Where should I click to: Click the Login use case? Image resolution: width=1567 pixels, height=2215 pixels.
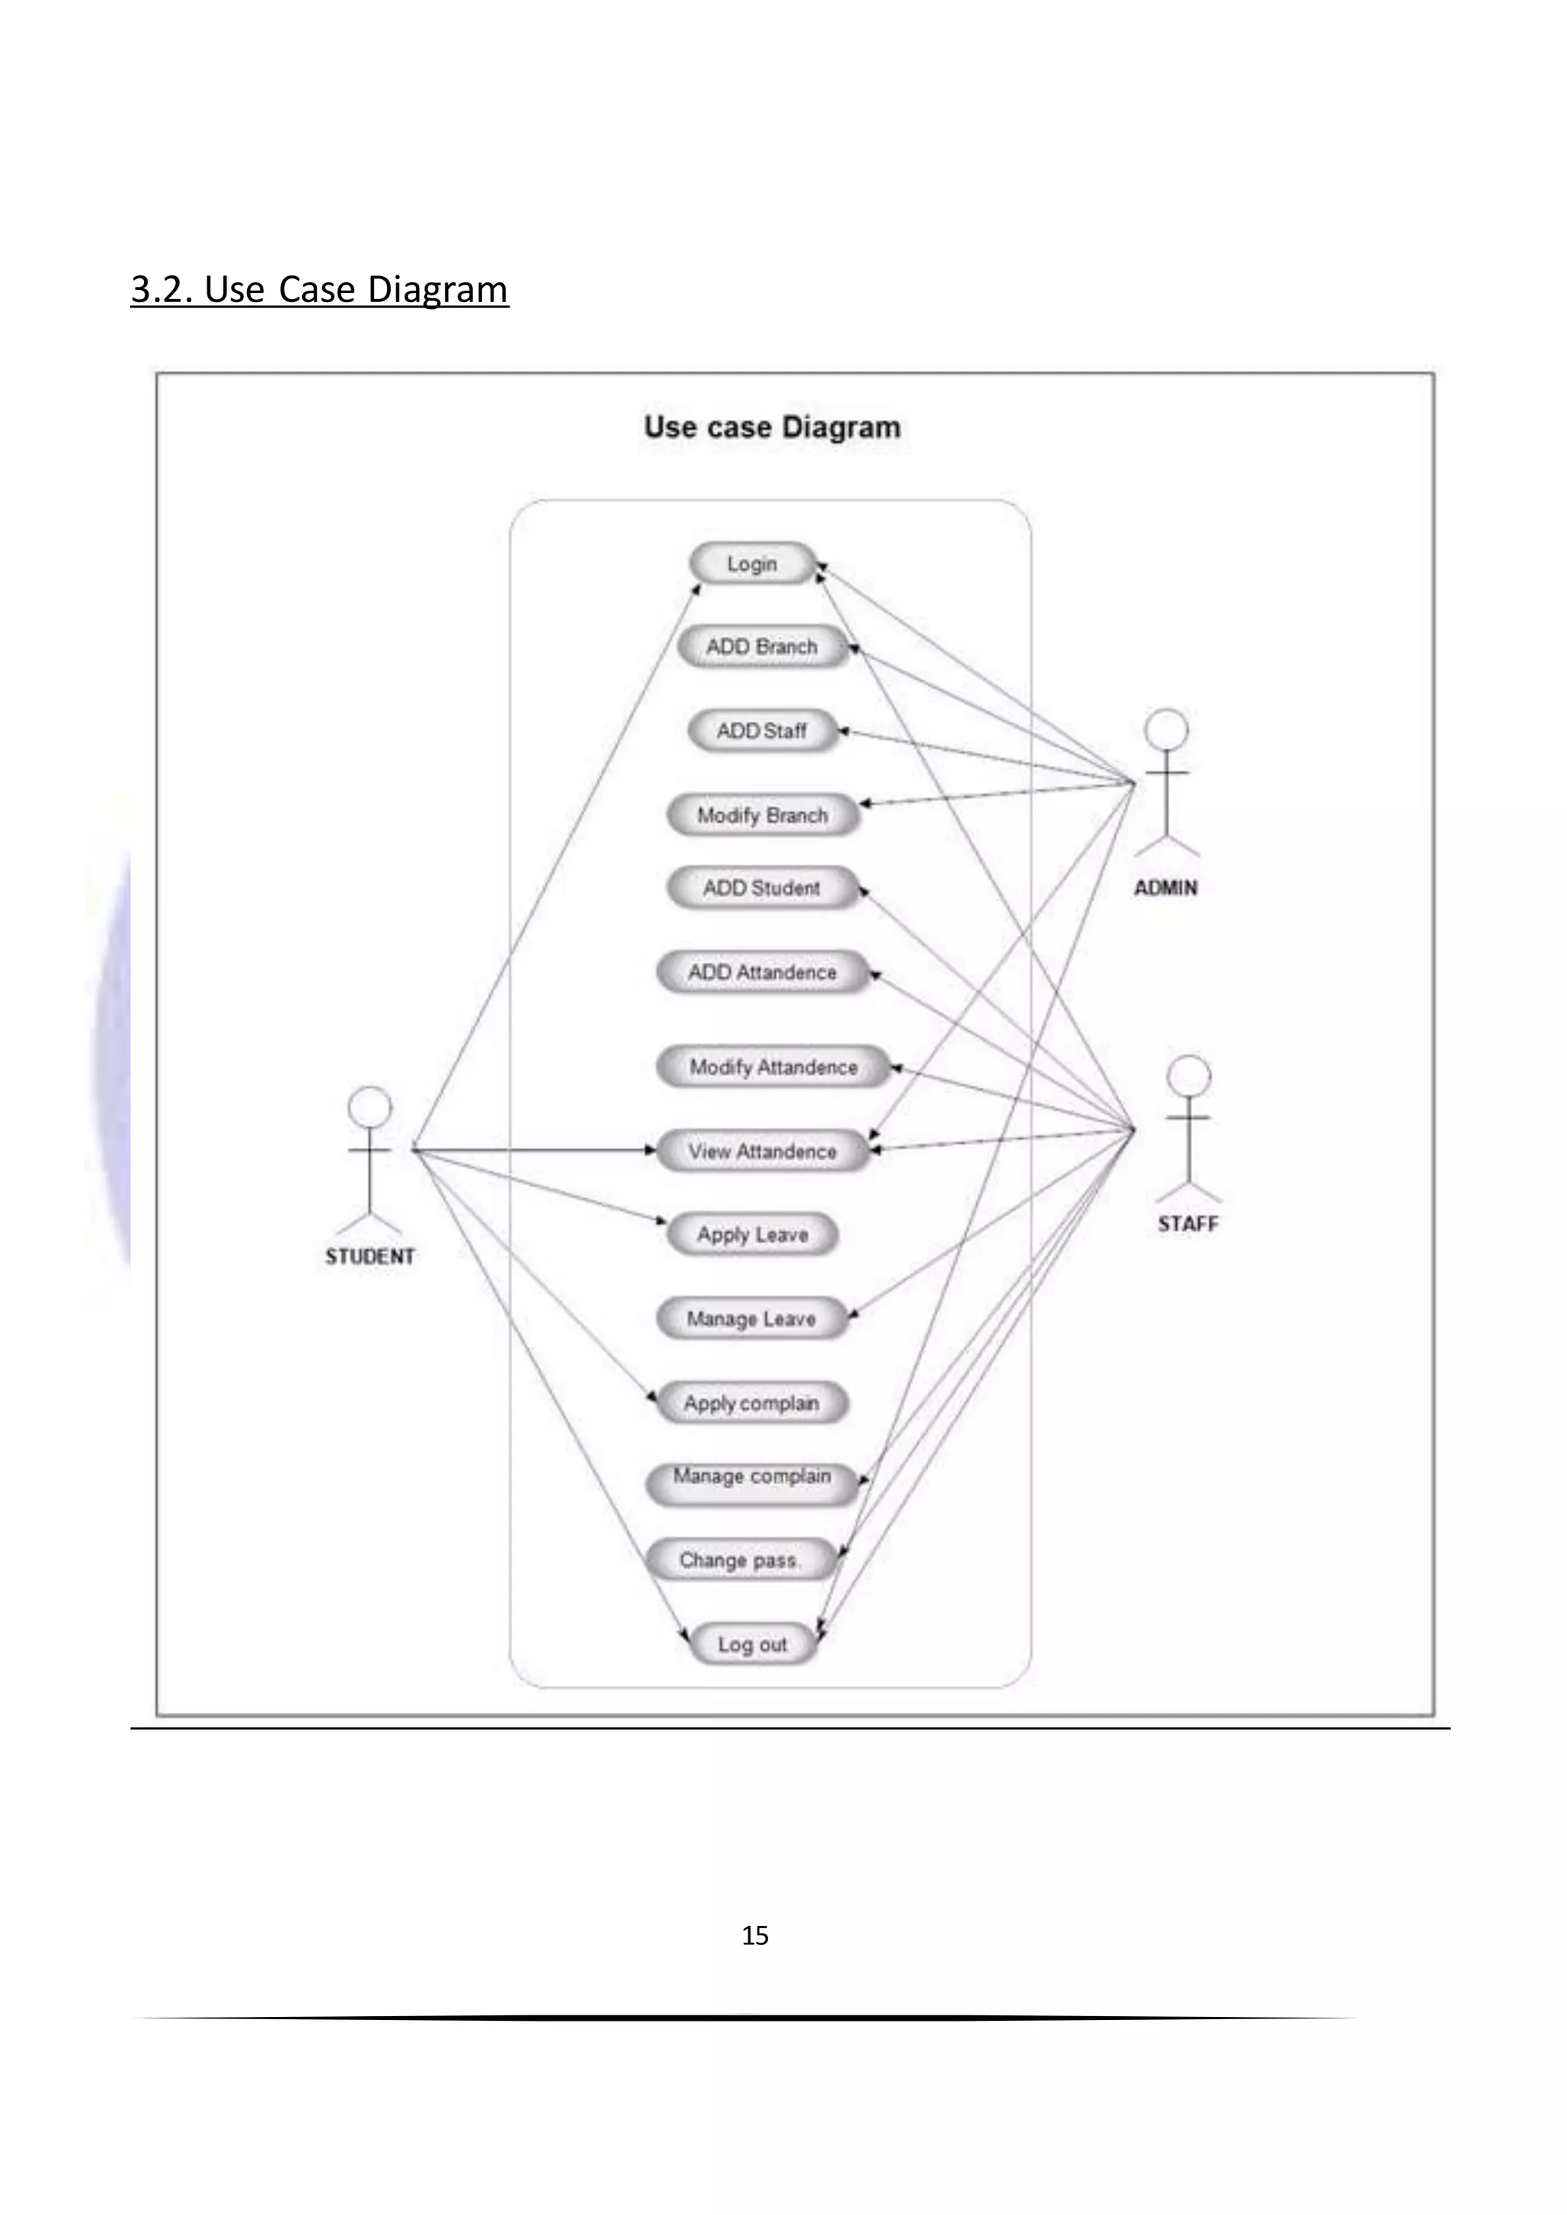[751, 564]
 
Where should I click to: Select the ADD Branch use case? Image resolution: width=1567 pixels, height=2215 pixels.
[761, 646]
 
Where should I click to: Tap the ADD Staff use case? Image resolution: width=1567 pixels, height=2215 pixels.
[761, 730]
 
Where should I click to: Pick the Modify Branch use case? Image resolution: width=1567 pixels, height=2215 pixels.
[761, 815]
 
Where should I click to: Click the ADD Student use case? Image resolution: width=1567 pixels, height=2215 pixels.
[761, 887]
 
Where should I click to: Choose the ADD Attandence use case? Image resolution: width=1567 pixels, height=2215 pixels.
[761, 972]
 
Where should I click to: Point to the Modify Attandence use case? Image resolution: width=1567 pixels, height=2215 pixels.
[772, 1067]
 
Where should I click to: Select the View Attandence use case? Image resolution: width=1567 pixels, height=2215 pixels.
[761, 1151]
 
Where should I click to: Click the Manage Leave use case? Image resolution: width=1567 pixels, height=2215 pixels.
[751, 1319]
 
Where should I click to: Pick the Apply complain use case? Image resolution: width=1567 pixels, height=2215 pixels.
[751, 1403]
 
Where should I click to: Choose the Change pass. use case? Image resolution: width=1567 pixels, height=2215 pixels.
[739, 1560]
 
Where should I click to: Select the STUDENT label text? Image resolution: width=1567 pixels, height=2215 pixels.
[370, 1256]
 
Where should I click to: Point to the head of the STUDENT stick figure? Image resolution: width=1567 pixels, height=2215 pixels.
[370, 1107]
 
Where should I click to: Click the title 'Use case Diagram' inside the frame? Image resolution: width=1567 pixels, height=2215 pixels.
[772, 428]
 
